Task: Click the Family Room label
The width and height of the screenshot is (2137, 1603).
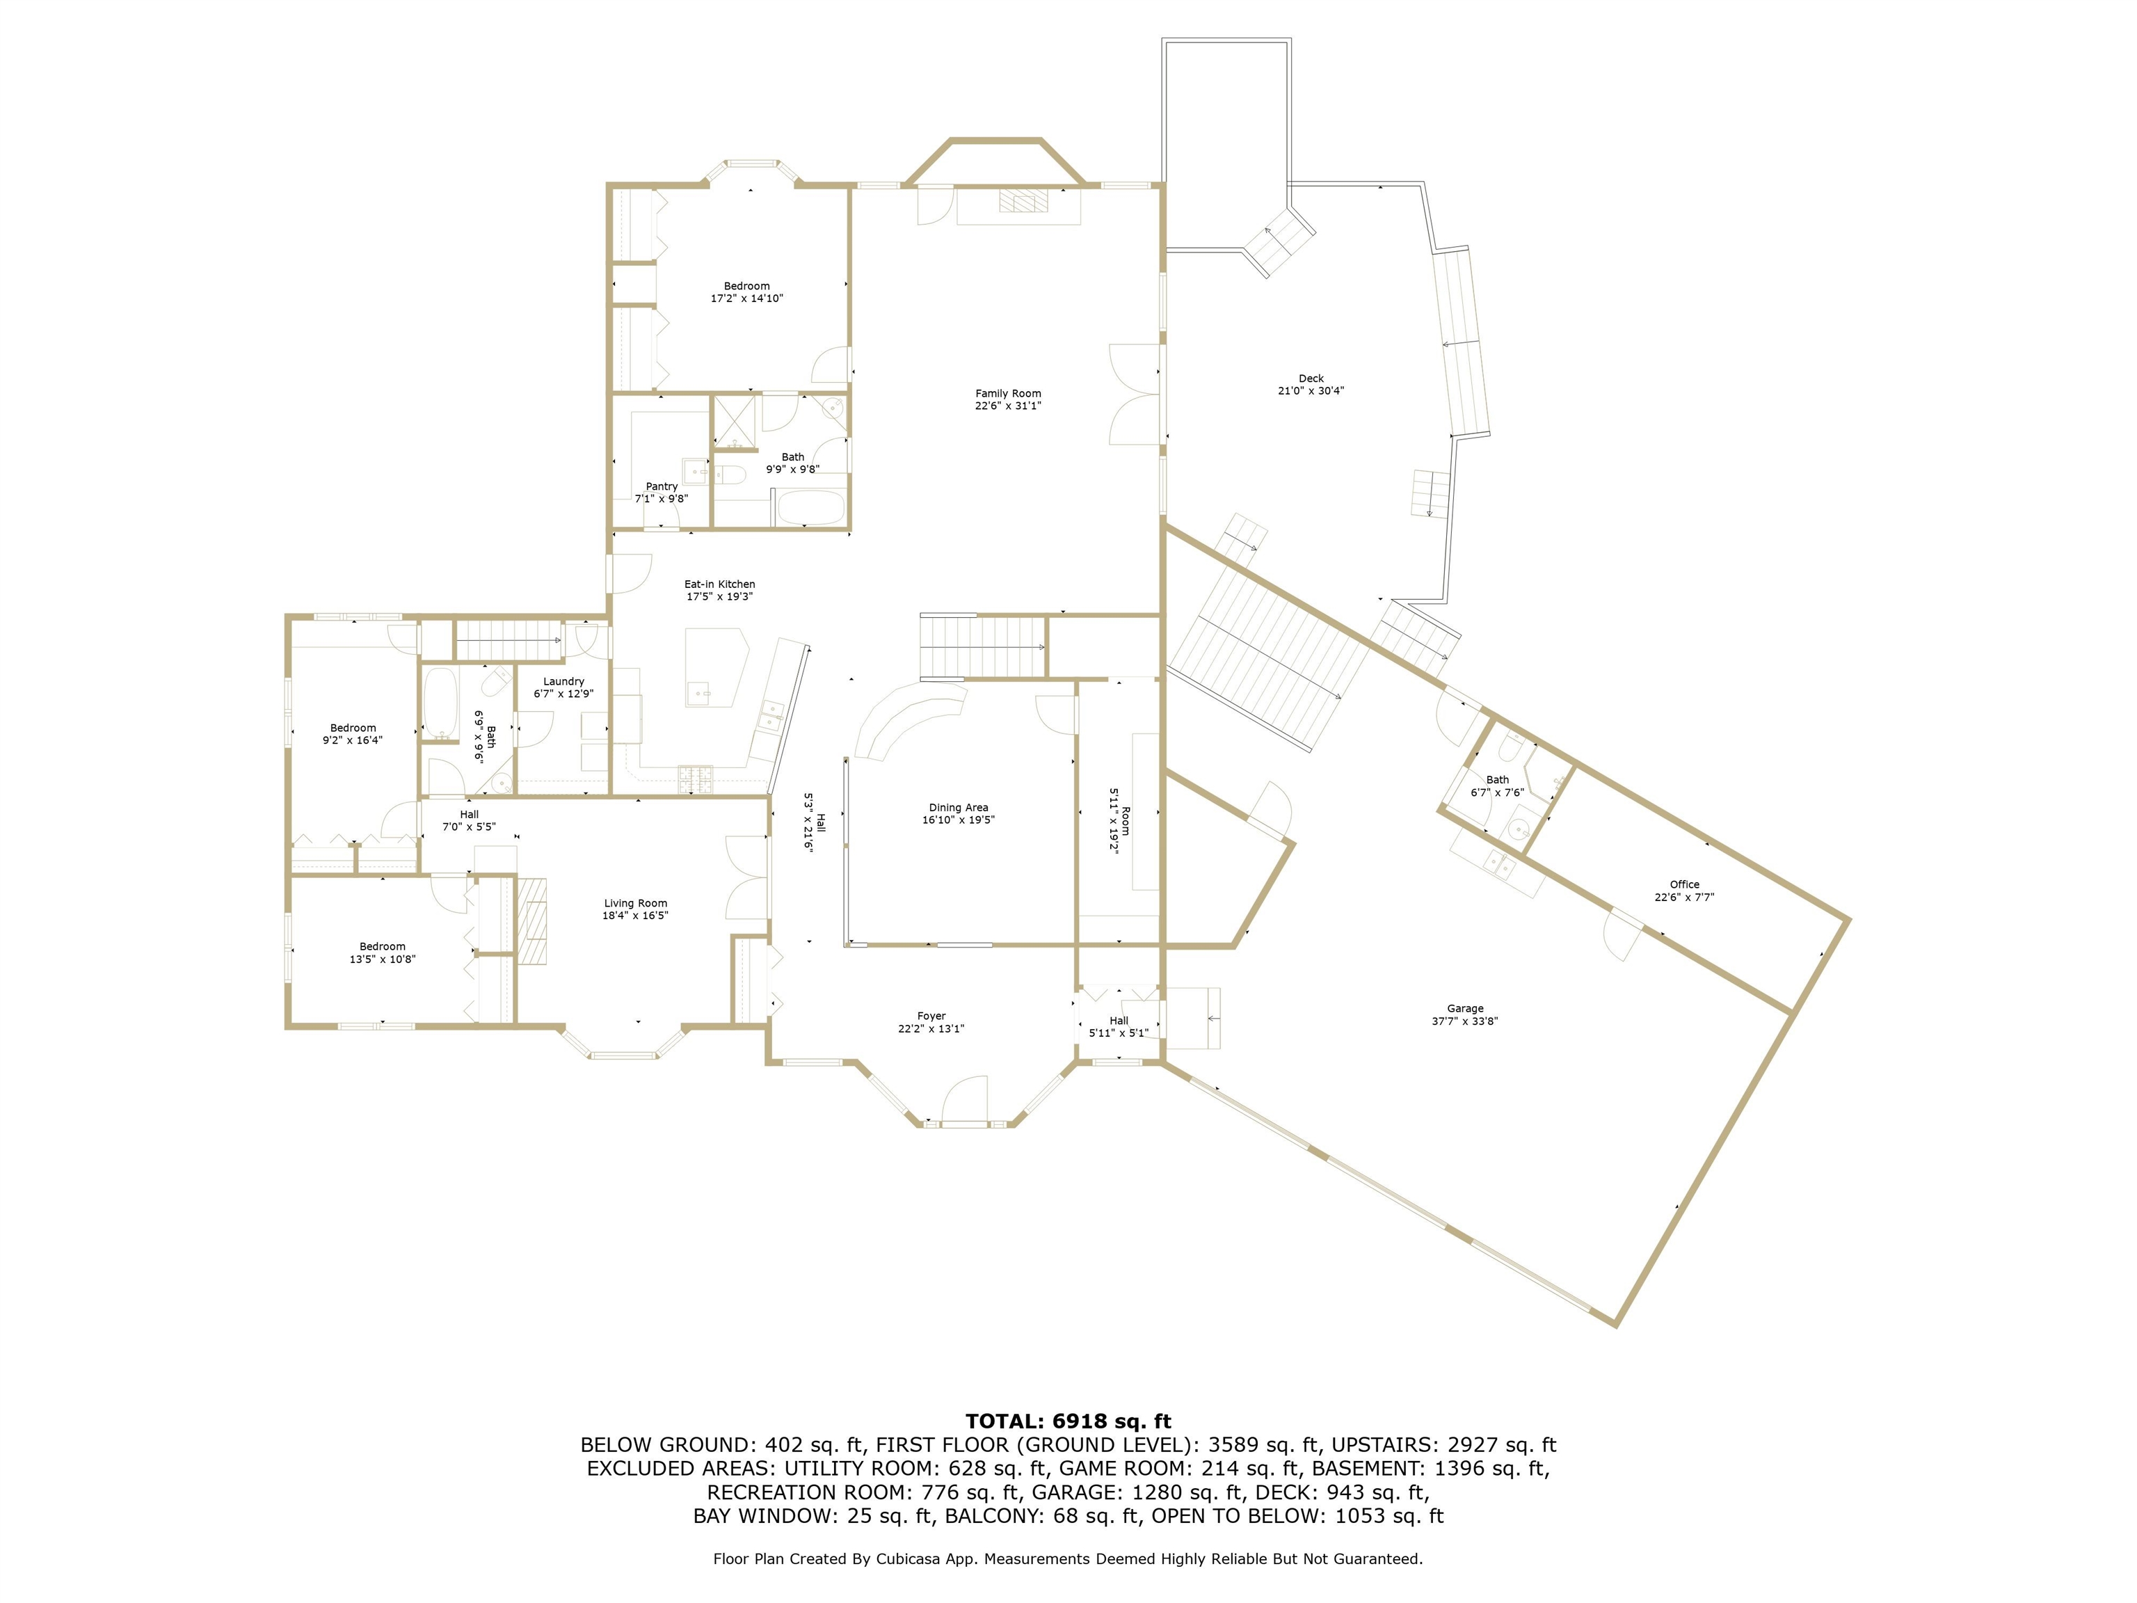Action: point(1008,393)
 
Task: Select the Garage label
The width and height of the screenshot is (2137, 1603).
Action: point(1464,1009)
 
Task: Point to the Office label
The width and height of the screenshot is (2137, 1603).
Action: point(1684,884)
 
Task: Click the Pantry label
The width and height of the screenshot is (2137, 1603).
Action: point(662,486)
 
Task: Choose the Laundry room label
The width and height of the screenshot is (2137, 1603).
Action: point(563,681)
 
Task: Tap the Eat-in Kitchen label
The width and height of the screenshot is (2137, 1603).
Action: point(720,584)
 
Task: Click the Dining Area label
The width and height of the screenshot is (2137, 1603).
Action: point(959,808)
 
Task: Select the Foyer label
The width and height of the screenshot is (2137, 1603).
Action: point(931,1016)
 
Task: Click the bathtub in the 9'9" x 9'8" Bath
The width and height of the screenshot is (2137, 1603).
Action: point(810,507)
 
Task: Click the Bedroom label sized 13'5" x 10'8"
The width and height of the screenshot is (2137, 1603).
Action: point(383,947)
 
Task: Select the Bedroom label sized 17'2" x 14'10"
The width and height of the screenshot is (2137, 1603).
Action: point(747,286)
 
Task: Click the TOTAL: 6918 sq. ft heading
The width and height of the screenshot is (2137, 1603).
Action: point(1068,1421)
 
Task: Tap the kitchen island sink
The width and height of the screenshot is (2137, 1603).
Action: point(699,692)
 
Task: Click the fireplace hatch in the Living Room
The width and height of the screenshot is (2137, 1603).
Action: point(531,922)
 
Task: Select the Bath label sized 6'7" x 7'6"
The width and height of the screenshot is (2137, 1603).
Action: point(1498,780)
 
